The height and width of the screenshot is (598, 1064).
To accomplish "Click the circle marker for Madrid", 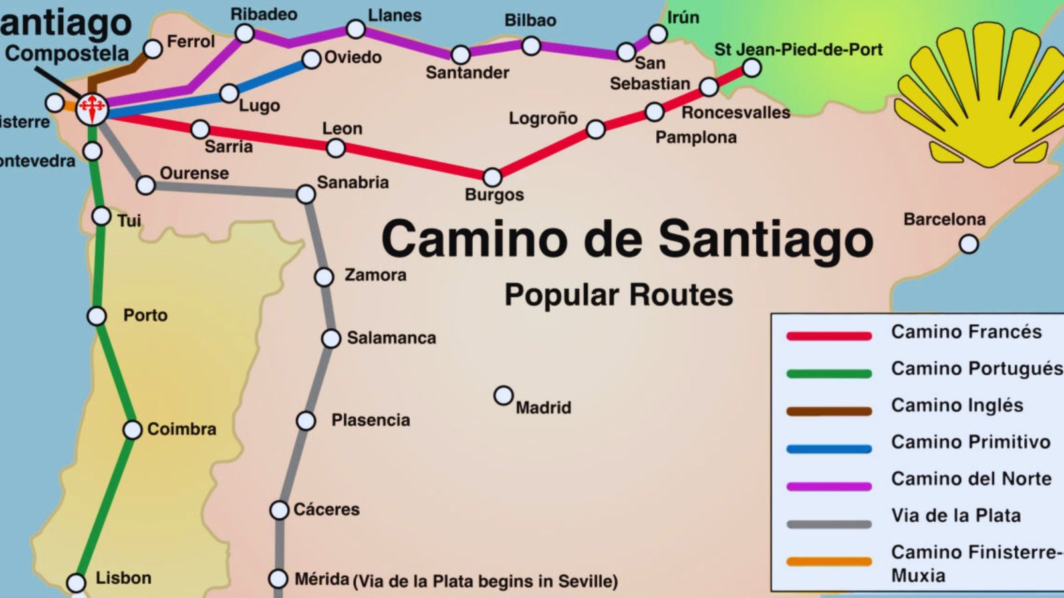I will pos(503,396).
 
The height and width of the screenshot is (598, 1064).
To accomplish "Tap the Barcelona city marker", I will pos(969,245).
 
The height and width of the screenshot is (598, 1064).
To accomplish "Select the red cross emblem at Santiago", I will pos(92,109).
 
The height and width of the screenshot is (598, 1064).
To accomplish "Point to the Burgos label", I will pos(494,195).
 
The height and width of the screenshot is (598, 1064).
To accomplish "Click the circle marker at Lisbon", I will pos(76,583).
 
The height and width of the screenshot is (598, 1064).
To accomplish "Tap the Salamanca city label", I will pos(391,338).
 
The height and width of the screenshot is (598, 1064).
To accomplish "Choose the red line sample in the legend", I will pos(829,336).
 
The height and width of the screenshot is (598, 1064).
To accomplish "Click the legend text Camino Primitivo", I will pos(970,442).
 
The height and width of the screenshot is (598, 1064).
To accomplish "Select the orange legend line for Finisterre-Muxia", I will pos(829,561).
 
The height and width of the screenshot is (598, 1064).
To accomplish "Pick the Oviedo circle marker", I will pos(311,59).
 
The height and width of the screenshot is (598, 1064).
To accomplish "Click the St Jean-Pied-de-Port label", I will pos(798,50).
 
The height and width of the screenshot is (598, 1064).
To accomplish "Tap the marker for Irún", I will pos(657,34).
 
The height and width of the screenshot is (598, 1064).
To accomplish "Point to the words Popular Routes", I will pos(618,294).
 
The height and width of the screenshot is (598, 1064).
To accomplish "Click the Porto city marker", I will pos(97,316).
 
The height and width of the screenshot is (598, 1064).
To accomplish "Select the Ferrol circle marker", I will pos(153,49).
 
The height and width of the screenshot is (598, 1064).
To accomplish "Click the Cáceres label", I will pos(327,510).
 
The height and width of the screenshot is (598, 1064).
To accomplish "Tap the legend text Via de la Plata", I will pos(956,515).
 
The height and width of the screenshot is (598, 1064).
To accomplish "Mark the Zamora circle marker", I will pos(324,276).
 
